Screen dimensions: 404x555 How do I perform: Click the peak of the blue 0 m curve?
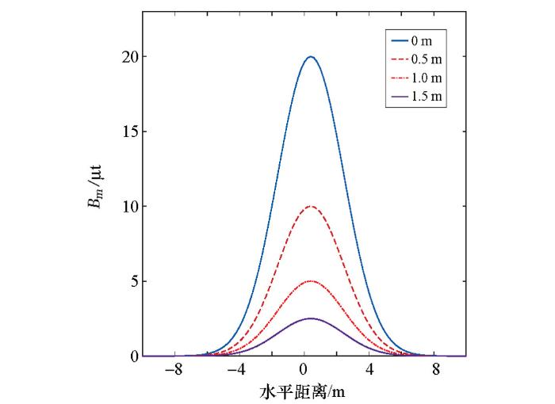(311, 56)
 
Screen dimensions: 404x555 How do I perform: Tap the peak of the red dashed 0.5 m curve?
(311, 206)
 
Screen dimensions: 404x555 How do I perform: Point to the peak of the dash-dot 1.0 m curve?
(311, 281)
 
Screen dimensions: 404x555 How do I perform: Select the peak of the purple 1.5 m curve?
(311, 318)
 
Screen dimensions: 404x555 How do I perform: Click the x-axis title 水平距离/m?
(304, 391)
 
